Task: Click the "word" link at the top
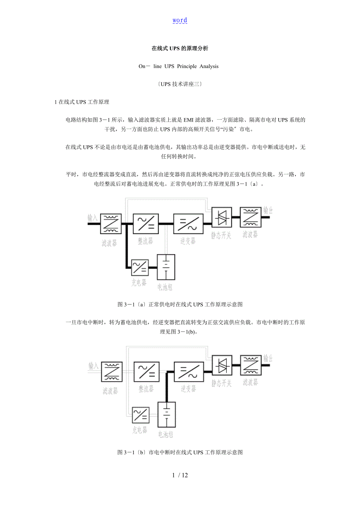(180, 20)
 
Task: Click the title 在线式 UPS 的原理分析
(180, 49)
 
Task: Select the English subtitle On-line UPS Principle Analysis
(178, 66)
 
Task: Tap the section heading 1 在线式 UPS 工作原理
(82, 102)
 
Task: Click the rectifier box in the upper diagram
(146, 224)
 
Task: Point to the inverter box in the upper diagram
(186, 224)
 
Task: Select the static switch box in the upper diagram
(221, 218)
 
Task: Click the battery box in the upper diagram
(166, 268)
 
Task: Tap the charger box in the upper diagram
(140, 268)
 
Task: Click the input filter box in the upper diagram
(111, 224)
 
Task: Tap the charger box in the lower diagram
(140, 415)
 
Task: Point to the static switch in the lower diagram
(222, 366)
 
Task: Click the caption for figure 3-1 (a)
(180, 304)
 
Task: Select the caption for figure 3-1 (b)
(180, 452)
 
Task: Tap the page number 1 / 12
(180, 475)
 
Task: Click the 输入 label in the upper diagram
(93, 218)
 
